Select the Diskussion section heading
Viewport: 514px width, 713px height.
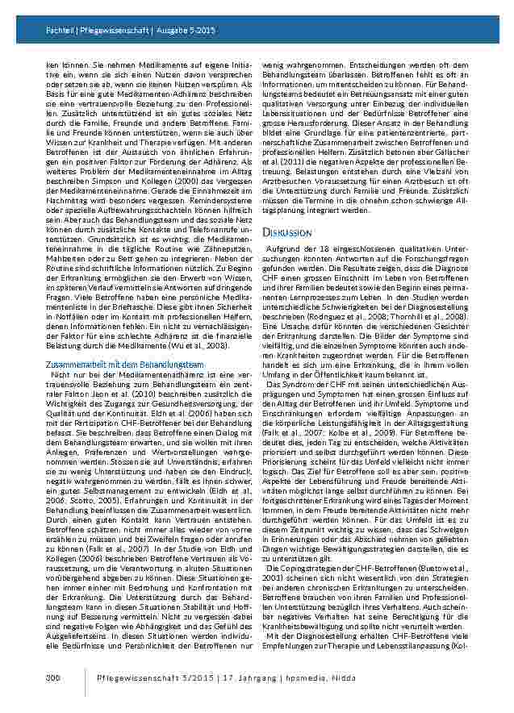287,233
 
